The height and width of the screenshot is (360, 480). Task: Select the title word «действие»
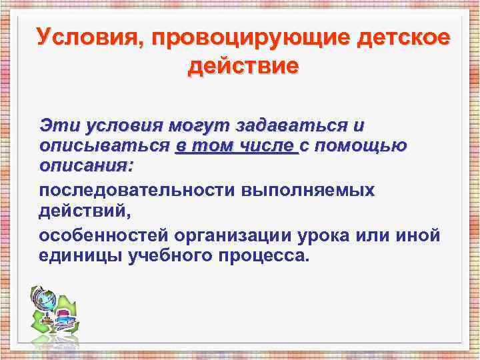coord(243,67)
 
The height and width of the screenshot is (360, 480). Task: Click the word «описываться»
coord(105,146)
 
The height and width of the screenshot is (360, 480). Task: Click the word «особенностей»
coord(106,236)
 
